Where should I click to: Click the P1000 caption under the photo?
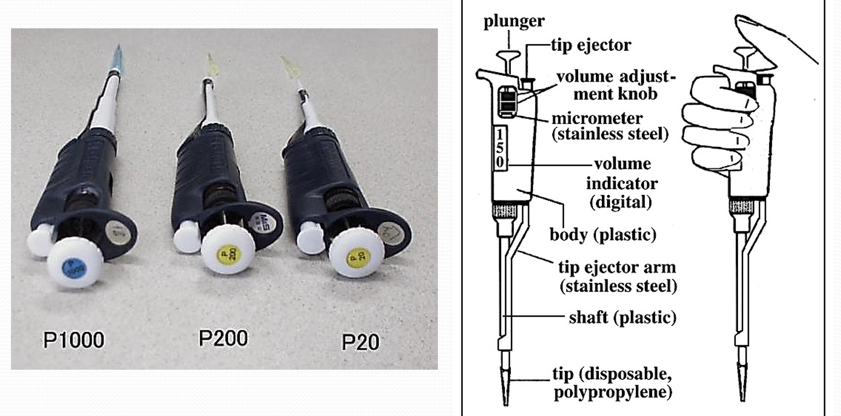[x=74, y=340]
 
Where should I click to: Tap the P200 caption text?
[x=223, y=338]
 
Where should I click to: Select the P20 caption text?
[x=360, y=342]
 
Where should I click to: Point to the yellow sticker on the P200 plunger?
[x=226, y=253]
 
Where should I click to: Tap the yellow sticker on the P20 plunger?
[x=353, y=256]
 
